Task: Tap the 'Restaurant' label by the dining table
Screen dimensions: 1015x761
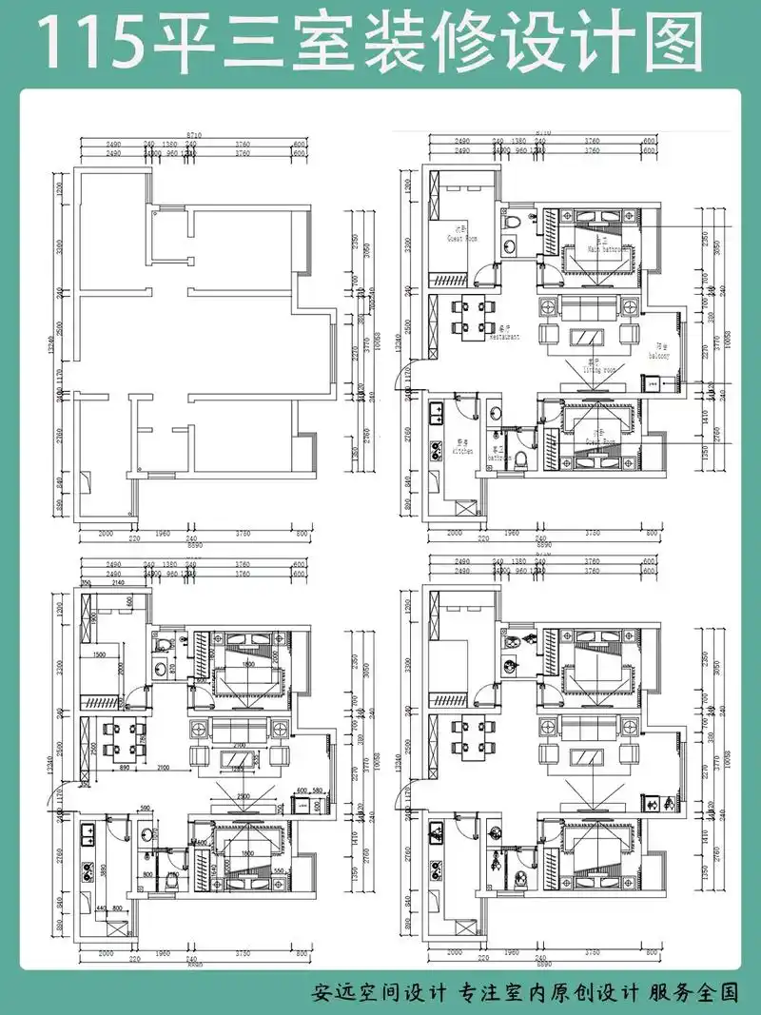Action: point(504,337)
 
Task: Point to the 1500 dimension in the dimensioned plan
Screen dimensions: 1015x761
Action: point(99,654)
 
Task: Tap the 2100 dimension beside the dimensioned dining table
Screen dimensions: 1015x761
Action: point(165,766)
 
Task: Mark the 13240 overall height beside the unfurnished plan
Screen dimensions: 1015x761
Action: point(56,352)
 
